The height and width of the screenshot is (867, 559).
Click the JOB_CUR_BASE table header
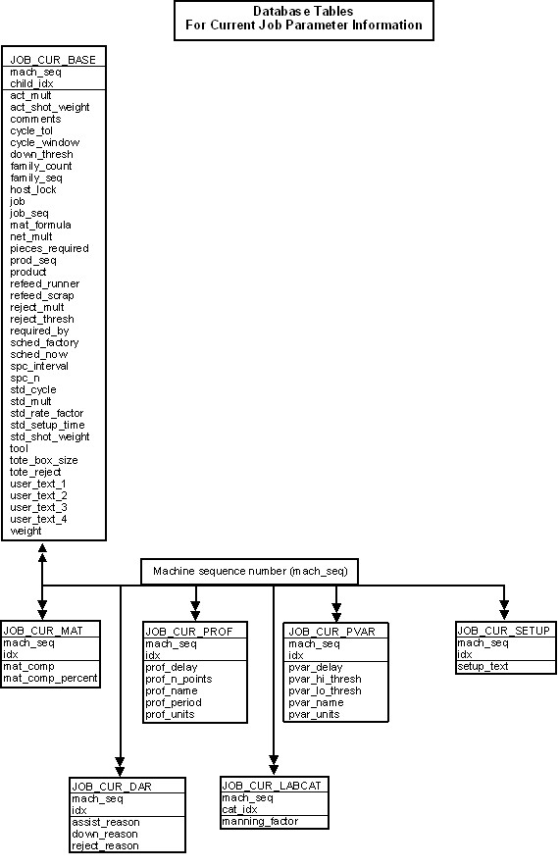tap(53, 60)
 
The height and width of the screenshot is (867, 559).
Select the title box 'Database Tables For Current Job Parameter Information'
tap(304, 21)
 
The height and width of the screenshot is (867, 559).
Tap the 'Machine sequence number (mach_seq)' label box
tap(250, 571)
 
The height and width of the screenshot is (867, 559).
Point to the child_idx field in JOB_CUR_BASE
tap(31, 83)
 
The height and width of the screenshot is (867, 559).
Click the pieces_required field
tap(49, 249)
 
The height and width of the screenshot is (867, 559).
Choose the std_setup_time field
tap(47, 426)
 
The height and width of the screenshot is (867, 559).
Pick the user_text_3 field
tap(38, 508)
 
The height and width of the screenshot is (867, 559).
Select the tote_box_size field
tap(44, 461)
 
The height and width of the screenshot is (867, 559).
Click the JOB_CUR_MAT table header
tap(43, 631)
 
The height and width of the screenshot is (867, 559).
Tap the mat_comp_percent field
tap(50, 678)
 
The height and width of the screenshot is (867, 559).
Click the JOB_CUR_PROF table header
tap(189, 632)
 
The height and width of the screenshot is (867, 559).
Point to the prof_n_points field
tap(178, 679)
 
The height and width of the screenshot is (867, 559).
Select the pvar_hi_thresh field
tap(326, 679)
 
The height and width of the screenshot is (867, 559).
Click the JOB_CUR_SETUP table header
tap(504, 631)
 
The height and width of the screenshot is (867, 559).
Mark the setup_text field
tap(483, 666)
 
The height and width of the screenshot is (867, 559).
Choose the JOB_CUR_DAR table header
tap(112, 787)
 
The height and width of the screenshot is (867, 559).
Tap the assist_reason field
tap(106, 822)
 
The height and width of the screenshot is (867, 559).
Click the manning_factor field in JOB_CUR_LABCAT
tap(260, 822)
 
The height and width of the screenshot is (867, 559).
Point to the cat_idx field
tap(240, 809)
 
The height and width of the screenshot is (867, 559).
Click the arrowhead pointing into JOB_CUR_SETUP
tap(504, 615)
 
